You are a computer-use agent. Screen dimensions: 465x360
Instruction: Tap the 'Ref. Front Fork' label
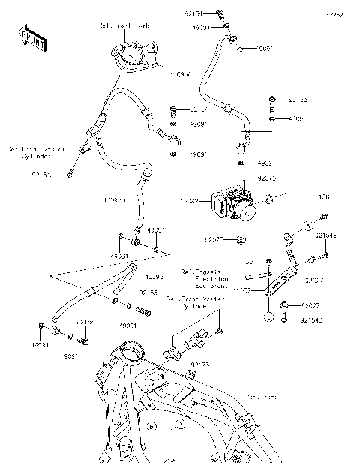(124, 25)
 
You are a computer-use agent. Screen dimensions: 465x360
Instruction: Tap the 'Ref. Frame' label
(260, 396)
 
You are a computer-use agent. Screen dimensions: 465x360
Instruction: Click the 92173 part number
(199, 364)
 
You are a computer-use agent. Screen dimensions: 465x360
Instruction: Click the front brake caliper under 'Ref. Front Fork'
(132, 57)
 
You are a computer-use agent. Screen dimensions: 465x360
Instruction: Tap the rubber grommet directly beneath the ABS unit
(242, 240)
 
